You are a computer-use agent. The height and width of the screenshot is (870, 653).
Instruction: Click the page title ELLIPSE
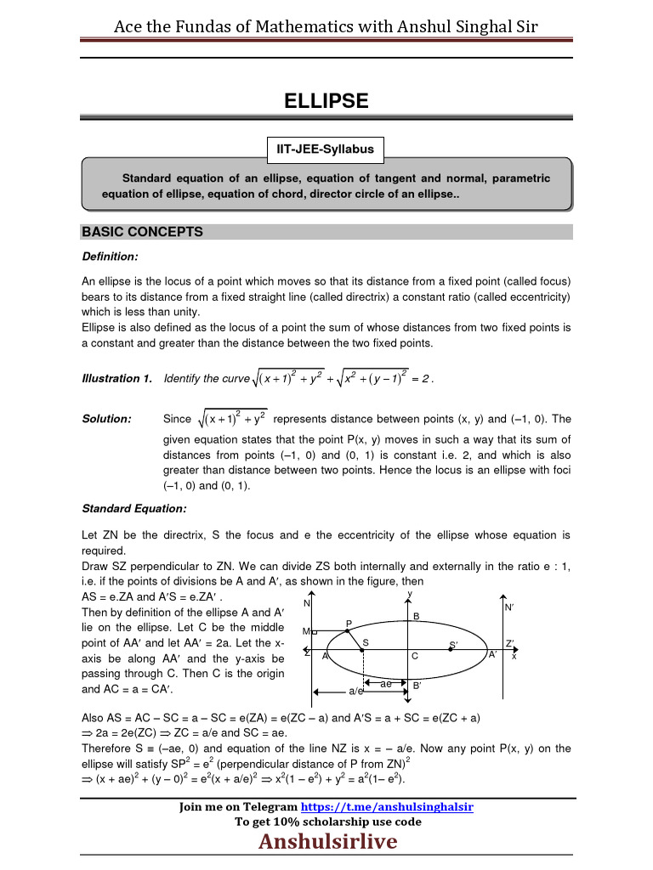click(x=326, y=101)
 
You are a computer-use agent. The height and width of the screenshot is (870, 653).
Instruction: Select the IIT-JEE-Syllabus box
click(x=326, y=150)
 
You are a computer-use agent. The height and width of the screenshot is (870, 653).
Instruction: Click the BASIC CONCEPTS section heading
click(x=142, y=232)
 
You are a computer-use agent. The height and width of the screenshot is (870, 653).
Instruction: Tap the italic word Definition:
click(x=110, y=257)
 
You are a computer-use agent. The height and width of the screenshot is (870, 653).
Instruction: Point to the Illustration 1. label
click(x=116, y=378)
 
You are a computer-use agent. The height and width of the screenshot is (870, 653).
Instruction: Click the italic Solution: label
click(x=106, y=419)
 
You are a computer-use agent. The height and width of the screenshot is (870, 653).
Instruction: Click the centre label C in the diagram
click(x=414, y=657)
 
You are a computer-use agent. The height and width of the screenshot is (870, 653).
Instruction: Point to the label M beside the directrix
click(x=305, y=631)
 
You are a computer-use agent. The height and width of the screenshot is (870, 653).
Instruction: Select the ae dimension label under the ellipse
click(x=385, y=684)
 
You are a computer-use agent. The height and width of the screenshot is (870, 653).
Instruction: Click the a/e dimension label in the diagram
click(x=356, y=692)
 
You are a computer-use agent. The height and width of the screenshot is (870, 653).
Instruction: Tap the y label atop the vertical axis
click(x=410, y=593)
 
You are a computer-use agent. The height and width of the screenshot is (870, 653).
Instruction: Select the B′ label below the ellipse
click(x=417, y=685)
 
